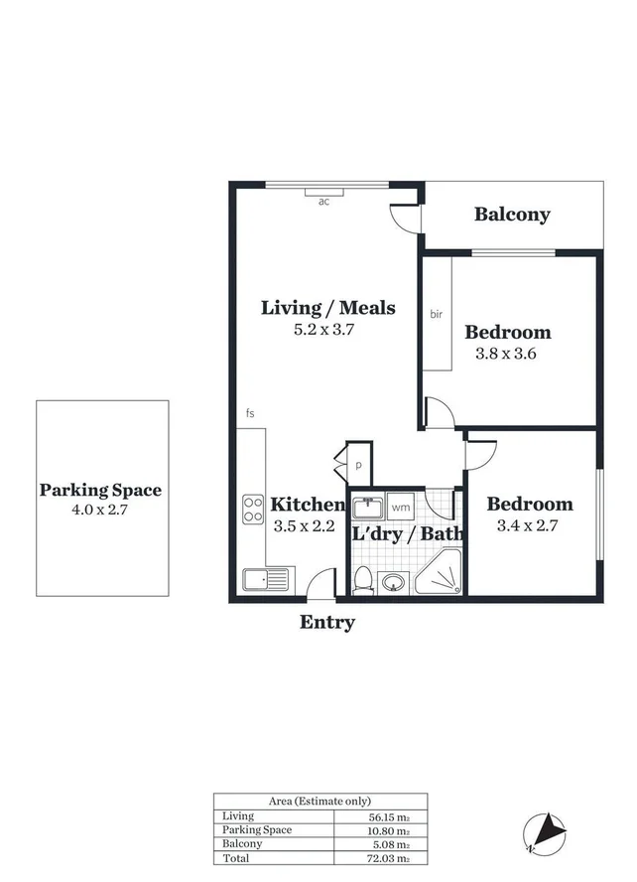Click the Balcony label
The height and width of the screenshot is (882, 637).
pyautogui.click(x=511, y=215)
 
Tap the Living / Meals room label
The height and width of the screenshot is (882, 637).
pyautogui.click(x=327, y=308)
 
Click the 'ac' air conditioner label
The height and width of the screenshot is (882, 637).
pyautogui.click(x=323, y=202)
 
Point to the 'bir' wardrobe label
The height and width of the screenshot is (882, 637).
pyautogui.click(x=436, y=314)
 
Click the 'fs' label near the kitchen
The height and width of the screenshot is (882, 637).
pyautogui.click(x=251, y=412)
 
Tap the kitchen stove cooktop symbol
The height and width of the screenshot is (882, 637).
pyautogui.click(x=253, y=510)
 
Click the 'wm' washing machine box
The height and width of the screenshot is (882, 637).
pyautogui.click(x=401, y=508)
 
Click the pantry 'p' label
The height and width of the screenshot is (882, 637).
pyautogui.click(x=359, y=464)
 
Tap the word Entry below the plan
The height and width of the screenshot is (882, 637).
pyautogui.click(x=327, y=623)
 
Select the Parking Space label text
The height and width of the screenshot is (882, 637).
pyautogui.click(x=100, y=490)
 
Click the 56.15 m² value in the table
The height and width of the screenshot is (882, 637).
pyautogui.click(x=384, y=816)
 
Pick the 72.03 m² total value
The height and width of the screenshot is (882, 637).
pyautogui.click(x=384, y=858)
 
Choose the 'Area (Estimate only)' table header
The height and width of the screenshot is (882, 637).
pyautogui.click(x=320, y=801)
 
